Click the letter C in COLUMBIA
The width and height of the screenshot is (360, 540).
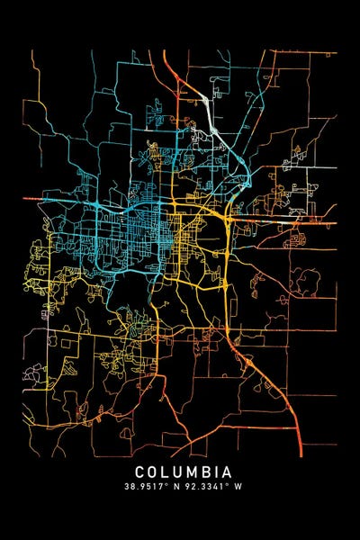coord(141,472)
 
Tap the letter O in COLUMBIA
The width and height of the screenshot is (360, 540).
coord(155,472)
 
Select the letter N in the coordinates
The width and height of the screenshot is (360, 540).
coord(176,487)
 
